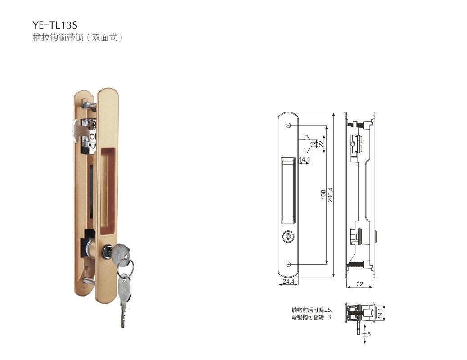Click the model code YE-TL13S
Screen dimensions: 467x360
coord(55,25)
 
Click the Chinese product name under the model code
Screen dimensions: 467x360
coord(78,37)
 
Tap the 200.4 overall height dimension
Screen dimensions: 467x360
coord(330,195)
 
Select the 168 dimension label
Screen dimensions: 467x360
coord(323,194)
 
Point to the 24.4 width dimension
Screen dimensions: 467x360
coord(288,281)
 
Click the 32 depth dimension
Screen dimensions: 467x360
coord(360,284)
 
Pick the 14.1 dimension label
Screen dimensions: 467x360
coord(304,160)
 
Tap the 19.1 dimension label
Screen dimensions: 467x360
coord(380,313)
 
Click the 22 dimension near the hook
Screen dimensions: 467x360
coord(321,144)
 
